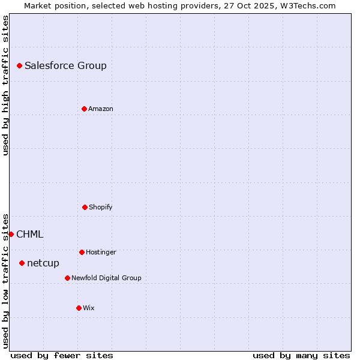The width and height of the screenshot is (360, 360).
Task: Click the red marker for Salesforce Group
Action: tap(19, 65)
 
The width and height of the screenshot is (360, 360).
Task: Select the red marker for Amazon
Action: tap(84, 109)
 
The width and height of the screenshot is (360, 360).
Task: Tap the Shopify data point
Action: tap(85, 207)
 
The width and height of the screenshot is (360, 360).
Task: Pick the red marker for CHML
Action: tap(11, 234)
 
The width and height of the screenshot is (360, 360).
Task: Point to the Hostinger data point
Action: tap(82, 252)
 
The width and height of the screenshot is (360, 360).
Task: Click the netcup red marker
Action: tap(22, 263)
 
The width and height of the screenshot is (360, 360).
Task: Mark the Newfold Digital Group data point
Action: tap(67, 278)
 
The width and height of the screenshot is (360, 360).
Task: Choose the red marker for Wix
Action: tap(79, 308)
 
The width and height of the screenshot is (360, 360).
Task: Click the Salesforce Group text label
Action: tap(65, 66)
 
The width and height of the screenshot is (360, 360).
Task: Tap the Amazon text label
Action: tap(101, 109)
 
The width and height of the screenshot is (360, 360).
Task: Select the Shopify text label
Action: tap(101, 207)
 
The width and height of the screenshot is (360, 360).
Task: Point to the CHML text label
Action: tap(29, 235)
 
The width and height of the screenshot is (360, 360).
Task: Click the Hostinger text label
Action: tap(101, 252)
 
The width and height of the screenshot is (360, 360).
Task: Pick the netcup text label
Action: tap(43, 263)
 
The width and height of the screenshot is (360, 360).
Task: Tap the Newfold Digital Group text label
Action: tap(106, 278)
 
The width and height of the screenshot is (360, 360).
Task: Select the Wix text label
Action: tap(89, 308)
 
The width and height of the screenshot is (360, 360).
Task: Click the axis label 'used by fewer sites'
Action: tap(62, 355)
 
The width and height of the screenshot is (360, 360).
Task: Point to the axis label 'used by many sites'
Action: tap(301, 355)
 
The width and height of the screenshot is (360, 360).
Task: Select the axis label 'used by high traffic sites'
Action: tap(5, 85)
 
